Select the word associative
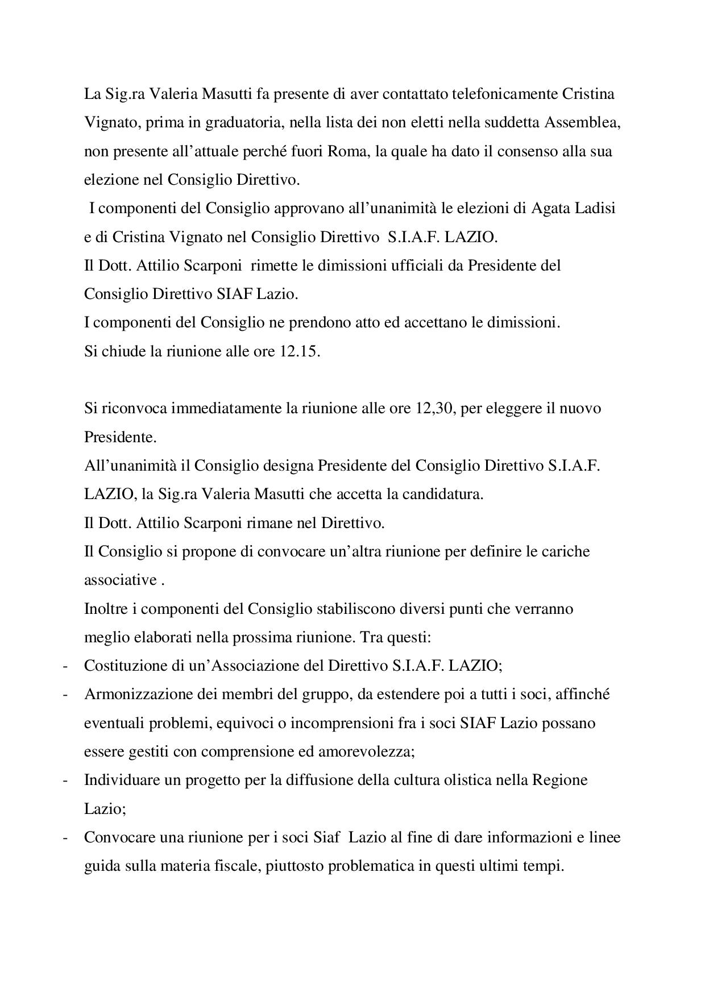pos(120,580)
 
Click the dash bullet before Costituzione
pos(66,666)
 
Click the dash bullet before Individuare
pos(66,780)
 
